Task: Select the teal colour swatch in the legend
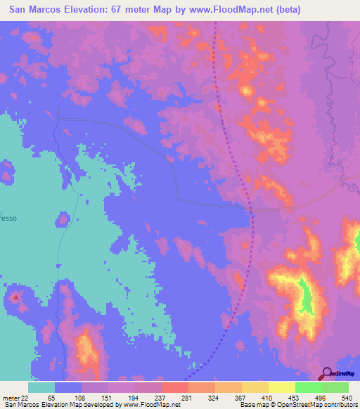pyautogui.click(x=41, y=387)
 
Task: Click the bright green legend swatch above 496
pyautogui.click(x=308, y=387)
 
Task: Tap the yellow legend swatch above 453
pyautogui.click(x=281, y=387)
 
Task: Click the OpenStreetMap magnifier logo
pyautogui.click(x=326, y=372)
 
